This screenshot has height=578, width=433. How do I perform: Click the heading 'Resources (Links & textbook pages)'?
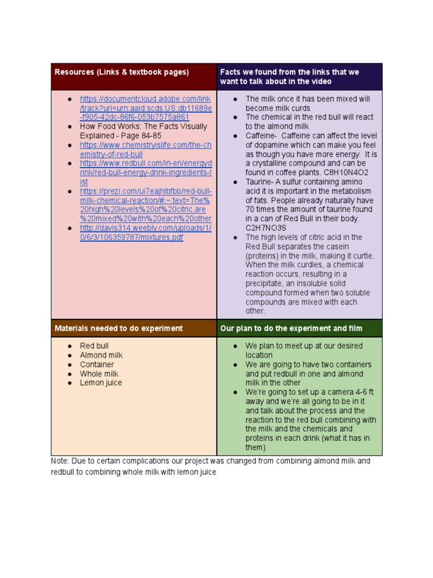122,72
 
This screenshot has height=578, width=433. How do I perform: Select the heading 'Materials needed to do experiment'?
118,328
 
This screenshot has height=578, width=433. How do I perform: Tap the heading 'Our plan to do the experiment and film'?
291,328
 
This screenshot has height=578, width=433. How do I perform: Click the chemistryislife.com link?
145,150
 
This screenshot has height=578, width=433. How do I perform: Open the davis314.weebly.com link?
145,233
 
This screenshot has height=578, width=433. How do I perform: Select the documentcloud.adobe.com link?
145,108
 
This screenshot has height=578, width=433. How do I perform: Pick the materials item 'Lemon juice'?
101,383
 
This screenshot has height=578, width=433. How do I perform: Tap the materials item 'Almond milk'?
101,355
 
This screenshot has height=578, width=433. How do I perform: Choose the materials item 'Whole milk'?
99,374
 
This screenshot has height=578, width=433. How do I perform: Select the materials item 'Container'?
97,365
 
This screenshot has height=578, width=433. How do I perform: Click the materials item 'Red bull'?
94,346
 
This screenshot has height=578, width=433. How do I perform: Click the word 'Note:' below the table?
60,461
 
